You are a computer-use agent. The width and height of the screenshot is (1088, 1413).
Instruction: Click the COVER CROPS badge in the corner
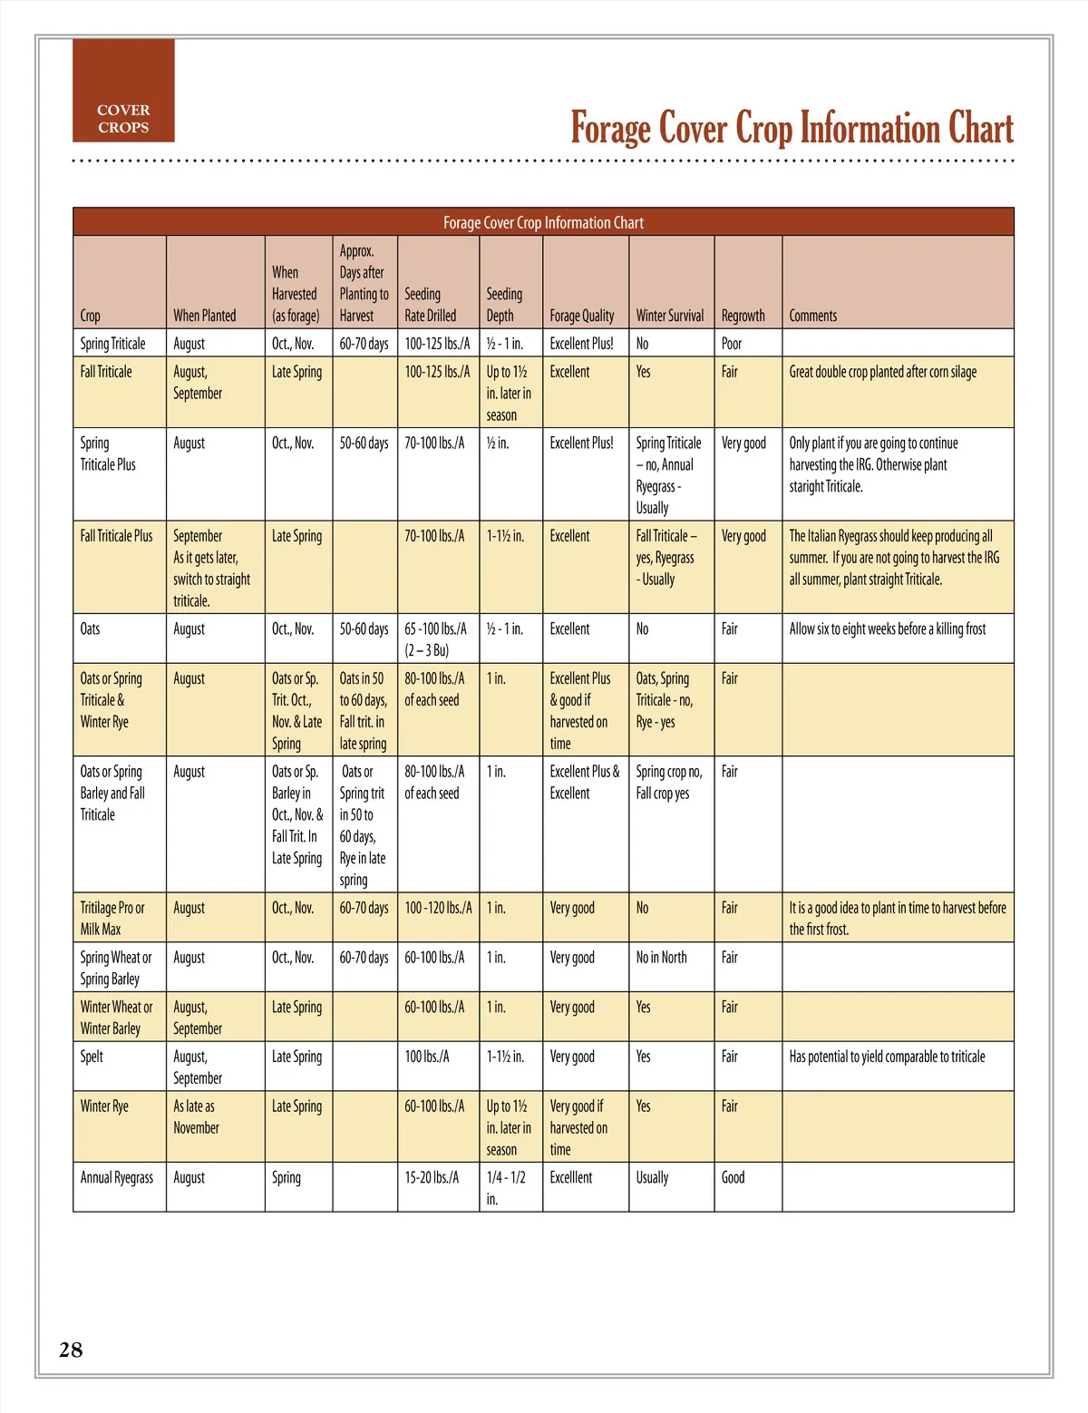(x=123, y=118)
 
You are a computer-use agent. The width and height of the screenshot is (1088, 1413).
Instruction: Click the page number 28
(x=71, y=1350)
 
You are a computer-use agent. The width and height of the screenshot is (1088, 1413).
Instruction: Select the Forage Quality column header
(x=581, y=316)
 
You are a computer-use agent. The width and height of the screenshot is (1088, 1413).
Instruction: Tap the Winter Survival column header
(x=669, y=316)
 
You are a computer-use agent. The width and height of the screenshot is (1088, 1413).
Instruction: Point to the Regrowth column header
(x=743, y=316)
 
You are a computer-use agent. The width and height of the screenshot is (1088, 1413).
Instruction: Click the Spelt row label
(x=92, y=1057)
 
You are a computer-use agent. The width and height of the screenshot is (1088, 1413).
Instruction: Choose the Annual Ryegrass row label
(x=117, y=1177)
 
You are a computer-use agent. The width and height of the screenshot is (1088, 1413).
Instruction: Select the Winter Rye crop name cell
(x=104, y=1106)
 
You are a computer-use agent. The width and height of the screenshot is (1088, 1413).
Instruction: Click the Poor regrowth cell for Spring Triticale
(x=732, y=344)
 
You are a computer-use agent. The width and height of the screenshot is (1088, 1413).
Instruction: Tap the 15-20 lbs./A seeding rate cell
(x=432, y=1177)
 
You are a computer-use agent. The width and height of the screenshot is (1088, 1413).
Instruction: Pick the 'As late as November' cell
(x=196, y=1117)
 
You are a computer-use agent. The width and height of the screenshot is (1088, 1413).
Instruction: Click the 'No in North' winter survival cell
(x=661, y=958)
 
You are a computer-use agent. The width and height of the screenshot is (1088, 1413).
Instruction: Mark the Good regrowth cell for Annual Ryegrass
(x=733, y=1177)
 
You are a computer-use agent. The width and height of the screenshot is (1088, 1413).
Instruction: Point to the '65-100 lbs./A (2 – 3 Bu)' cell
(x=436, y=639)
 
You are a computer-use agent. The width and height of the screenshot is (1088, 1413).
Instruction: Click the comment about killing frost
(x=887, y=629)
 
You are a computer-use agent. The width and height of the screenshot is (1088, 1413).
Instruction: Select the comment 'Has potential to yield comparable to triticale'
(x=887, y=1057)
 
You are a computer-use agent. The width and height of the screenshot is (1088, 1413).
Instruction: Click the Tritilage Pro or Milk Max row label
(x=112, y=918)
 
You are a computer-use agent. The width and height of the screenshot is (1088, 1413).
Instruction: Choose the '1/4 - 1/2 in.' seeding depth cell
(x=505, y=1188)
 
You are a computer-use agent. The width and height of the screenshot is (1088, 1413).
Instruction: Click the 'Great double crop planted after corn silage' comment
(x=882, y=372)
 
